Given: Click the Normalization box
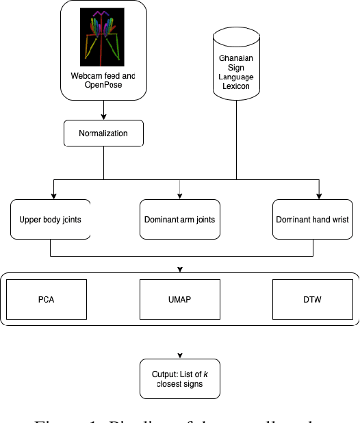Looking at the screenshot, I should (x=104, y=133).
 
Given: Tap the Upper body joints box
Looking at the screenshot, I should (x=51, y=219).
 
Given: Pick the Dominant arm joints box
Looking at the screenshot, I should (x=180, y=219).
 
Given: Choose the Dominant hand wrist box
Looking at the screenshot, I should (x=312, y=219).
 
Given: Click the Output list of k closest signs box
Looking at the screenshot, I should (x=180, y=379).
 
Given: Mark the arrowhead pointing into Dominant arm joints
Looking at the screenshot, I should (x=180, y=195).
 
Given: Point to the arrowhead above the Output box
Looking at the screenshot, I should (x=180, y=356).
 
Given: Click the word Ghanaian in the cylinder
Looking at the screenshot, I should (x=236, y=60).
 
